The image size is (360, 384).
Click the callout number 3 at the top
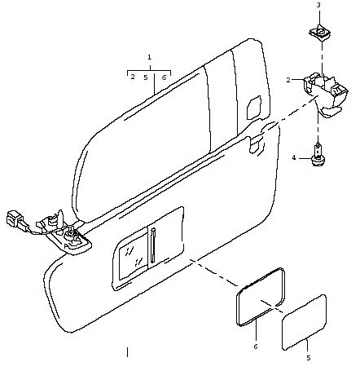pyautogui.click(x=318, y=5)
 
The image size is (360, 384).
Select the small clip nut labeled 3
pyautogui.click(x=320, y=33)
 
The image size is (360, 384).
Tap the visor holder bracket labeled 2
pyautogui.click(x=326, y=93)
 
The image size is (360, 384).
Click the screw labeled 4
pyautogui.click(x=317, y=155)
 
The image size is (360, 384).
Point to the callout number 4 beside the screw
pyautogui.click(x=294, y=157)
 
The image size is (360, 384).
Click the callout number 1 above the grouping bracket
pyautogui.click(x=149, y=57)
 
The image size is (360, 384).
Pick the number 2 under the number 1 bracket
pyautogui.click(x=133, y=77)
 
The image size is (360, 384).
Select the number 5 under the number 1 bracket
pyautogui.click(x=146, y=77)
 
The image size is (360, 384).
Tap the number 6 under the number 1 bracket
pyautogui.click(x=164, y=77)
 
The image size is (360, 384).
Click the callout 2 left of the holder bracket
pyautogui.click(x=288, y=80)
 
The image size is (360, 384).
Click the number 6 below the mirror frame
pyautogui.click(x=256, y=346)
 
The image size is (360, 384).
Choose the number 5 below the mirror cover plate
pyautogui.click(x=309, y=358)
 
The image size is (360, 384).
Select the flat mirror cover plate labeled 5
pyautogui.click(x=304, y=322)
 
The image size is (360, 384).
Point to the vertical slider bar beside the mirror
pyautogui.click(x=153, y=245)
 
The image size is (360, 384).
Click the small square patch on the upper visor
pyautogui.click(x=254, y=107)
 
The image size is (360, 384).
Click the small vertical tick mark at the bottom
pyautogui.click(x=127, y=352)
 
